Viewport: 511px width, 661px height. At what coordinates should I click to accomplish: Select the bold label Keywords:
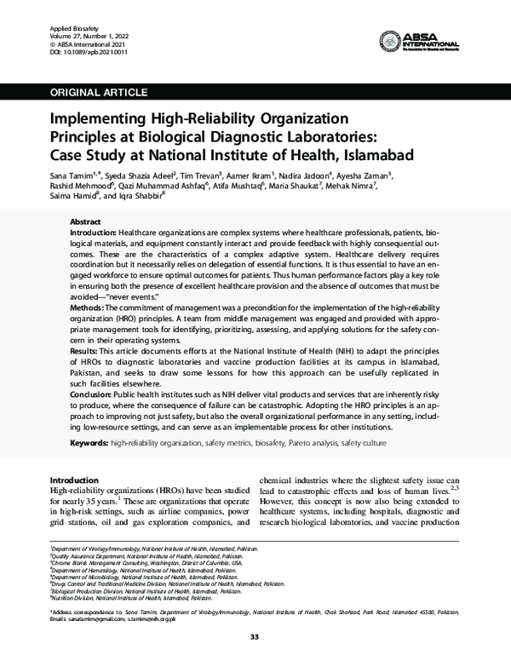pos(89,443)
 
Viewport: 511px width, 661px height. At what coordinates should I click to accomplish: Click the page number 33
pos(255,637)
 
